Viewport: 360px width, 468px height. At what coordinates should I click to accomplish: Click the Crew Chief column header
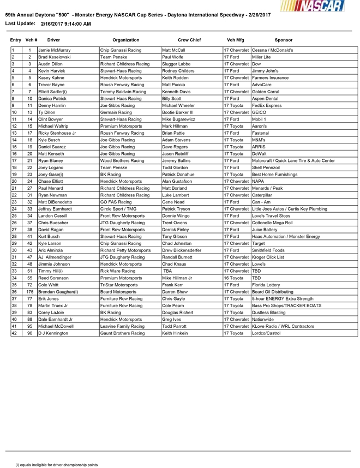pyautogui.click(x=189, y=40)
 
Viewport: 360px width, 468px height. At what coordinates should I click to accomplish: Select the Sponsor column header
pyautogui.click(x=283, y=40)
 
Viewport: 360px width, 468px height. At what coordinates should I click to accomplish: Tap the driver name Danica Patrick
pyautogui.click(x=53, y=99)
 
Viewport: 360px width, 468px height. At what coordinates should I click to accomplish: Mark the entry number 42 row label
pyautogui.click(x=14, y=332)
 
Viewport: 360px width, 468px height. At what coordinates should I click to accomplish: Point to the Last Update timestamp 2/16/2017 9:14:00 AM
pyautogui.click(x=65, y=24)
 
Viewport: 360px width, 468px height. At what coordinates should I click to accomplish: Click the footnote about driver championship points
pyautogui.click(x=56, y=465)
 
